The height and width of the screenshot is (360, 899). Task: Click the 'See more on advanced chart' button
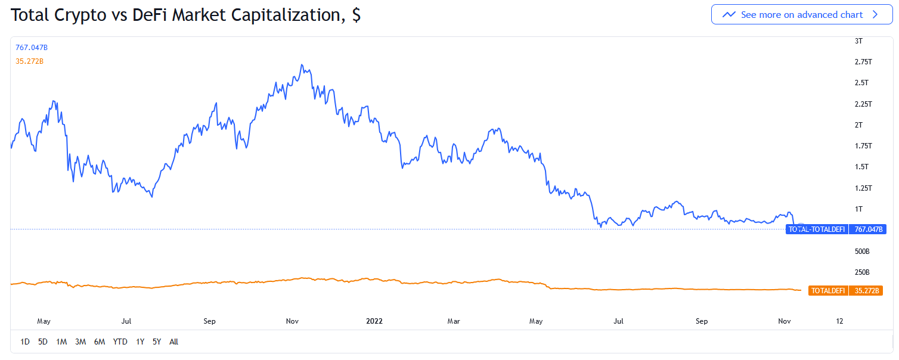click(801, 15)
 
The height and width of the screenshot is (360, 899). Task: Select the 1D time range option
click(25, 342)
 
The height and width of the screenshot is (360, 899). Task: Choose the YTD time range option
click(120, 342)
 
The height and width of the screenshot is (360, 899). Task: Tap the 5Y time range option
click(157, 342)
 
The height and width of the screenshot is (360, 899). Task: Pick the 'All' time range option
click(173, 342)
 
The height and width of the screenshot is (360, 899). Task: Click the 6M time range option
click(100, 342)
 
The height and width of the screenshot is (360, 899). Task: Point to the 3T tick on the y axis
click(858, 41)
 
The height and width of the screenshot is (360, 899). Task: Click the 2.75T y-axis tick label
click(863, 62)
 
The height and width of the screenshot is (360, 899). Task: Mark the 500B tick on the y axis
click(862, 252)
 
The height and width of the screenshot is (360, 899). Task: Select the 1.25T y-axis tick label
click(863, 188)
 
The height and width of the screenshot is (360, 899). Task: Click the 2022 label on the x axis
click(374, 321)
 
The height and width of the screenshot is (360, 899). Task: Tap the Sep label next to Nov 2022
click(702, 321)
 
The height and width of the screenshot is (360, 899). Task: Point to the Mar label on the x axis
click(454, 321)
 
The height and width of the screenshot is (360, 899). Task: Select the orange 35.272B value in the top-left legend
click(30, 61)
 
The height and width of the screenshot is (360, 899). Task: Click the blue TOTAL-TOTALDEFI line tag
click(817, 229)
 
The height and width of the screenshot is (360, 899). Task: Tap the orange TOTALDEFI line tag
click(828, 291)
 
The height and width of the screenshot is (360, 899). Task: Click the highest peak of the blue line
click(302, 64)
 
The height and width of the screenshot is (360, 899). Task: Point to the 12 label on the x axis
click(839, 321)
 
